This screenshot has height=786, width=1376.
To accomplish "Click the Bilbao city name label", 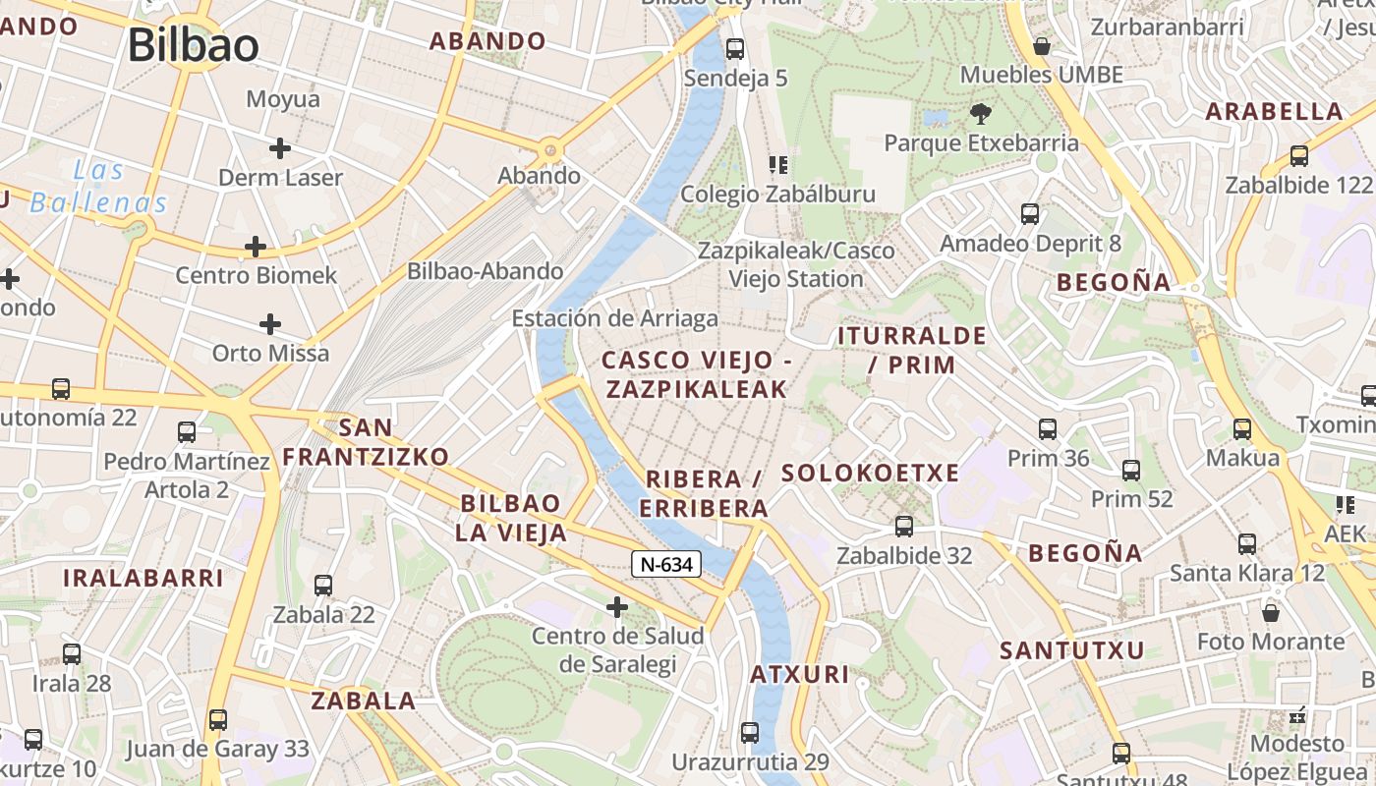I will (x=193, y=45).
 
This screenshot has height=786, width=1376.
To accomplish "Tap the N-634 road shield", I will (x=665, y=564).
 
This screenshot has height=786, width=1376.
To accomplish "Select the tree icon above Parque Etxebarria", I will (x=980, y=114).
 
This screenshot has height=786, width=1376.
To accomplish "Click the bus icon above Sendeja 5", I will (x=734, y=48).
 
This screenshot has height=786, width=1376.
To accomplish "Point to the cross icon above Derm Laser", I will (x=280, y=148).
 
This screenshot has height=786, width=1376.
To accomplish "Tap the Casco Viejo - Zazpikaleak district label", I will (x=696, y=374).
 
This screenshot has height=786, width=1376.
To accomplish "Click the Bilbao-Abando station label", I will (x=486, y=271).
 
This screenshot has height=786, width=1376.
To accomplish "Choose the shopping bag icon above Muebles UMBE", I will (x=1042, y=46).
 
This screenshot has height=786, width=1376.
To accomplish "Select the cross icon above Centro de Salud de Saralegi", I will (x=617, y=607).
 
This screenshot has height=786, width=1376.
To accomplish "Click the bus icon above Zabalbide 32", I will (x=904, y=527).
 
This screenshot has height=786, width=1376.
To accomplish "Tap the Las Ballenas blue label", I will (x=98, y=187).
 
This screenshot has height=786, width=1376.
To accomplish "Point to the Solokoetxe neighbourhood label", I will (x=870, y=474).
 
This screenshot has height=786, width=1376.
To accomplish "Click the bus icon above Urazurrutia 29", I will (x=750, y=732).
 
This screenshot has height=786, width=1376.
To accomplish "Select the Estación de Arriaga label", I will (x=614, y=318).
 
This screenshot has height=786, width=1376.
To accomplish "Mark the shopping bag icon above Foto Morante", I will (x=1271, y=613).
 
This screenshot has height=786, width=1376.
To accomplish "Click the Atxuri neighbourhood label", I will (x=799, y=675).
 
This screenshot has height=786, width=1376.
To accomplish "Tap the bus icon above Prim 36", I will (x=1048, y=429).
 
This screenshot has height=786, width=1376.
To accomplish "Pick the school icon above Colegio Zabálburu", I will (x=778, y=164).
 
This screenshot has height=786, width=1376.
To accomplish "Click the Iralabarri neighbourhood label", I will (x=143, y=578).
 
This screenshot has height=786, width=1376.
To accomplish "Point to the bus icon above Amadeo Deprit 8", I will (x=1030, y=214).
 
